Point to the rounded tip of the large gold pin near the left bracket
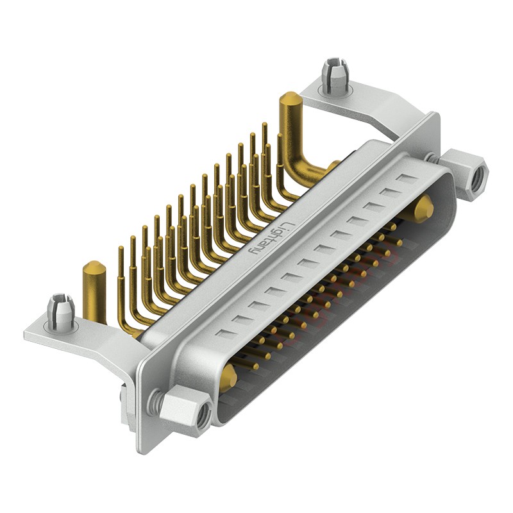(94, 267)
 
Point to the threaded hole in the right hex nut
(476, 179)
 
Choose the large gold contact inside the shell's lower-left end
(228, 378)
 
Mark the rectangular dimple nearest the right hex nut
(405, 178)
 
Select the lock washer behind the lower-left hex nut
(154, 401)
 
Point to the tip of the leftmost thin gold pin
(120, 249)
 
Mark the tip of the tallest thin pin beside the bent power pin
(264, 125)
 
